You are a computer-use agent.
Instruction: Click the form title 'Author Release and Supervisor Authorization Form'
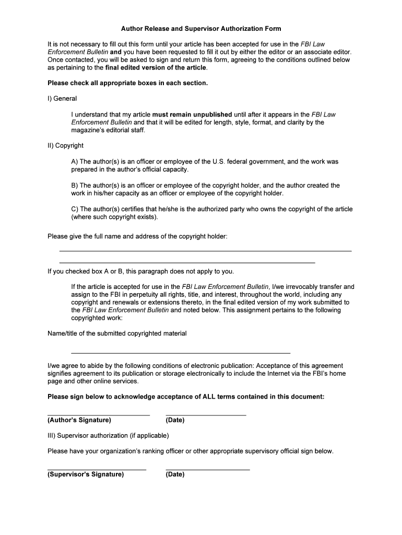pyautogui.click(x=201, y=29)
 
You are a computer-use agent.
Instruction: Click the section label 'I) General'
pyautogui.click(x=62, y=99)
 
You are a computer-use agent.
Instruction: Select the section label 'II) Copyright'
pyautogui.click(x=65, y=146)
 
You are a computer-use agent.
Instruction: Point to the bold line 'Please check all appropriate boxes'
pyautogui.click(x=127, y=83)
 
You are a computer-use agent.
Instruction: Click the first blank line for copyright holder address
pyautogui.click(x=205, y=251)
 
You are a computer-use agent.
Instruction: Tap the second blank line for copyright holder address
pyautogui.click(x=187, y=262)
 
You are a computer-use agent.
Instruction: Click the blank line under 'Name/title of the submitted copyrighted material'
pyautogui.click(x=180, y=353)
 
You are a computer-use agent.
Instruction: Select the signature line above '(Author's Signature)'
pyautogui.click(x=99, y=415)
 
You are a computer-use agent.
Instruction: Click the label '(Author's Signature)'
pyautogui.click(x=79, y=421)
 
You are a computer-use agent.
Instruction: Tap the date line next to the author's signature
pyautogui.click(x=206, y=415)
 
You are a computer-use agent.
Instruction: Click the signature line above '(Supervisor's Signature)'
pyautogui.click(x=97, y=470)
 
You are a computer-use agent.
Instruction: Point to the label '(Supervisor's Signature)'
pyautogui.click(x=86, y=475)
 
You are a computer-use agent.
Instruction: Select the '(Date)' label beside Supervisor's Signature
pyautogui.click(x=175, y=475)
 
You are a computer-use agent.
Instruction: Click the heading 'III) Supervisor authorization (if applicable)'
pyautogui.click(x=108, y=436)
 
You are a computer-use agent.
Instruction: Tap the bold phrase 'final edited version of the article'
pyautogui.click(x=156, y=68)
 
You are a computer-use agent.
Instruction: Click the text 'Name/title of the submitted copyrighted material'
pyautogui.click(x=117, y=334)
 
